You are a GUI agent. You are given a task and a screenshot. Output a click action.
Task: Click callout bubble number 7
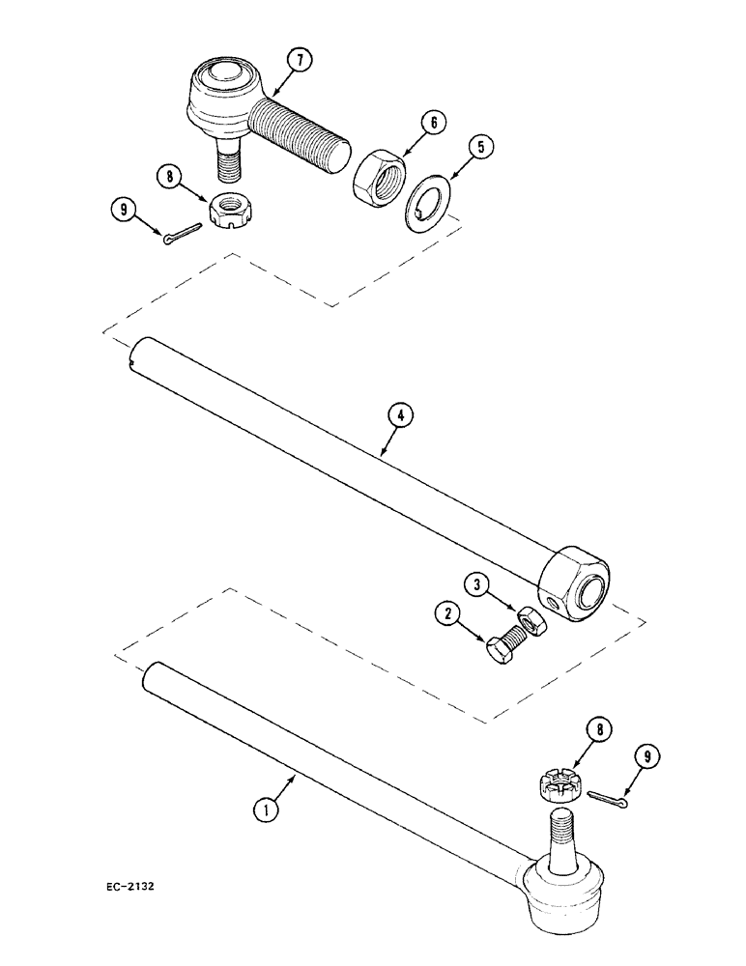pyautogui.click(x=300, y=61)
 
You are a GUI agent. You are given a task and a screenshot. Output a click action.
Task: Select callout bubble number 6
pyautogui.click(x=432, y=123)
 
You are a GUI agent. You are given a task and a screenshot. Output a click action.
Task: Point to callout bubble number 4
pyautogui.click(x=401, y=415)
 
